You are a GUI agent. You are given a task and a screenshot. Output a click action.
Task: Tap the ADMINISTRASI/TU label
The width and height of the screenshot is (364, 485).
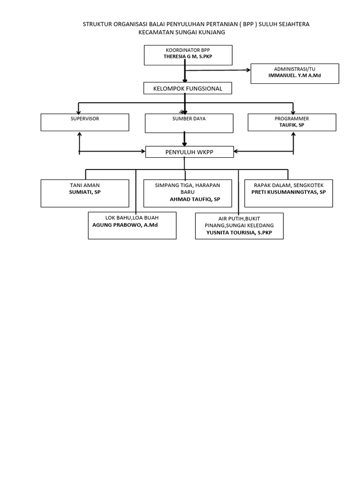294,69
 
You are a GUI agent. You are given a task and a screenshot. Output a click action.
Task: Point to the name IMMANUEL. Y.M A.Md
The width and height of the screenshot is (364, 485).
294,75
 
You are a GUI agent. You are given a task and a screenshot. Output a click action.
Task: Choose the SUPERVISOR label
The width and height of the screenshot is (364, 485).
85,118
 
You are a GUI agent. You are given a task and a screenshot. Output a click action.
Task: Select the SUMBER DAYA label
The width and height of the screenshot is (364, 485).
189,118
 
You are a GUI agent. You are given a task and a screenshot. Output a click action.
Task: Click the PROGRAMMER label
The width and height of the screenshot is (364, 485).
291,118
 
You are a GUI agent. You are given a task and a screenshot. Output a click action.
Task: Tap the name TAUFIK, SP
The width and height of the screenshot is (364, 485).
291,125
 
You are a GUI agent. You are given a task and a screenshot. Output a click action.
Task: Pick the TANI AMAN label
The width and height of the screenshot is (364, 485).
85,185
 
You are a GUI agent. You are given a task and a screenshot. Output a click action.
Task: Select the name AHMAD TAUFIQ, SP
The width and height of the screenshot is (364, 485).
195,199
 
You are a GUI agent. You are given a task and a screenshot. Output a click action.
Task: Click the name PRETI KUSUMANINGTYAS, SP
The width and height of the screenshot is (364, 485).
289,192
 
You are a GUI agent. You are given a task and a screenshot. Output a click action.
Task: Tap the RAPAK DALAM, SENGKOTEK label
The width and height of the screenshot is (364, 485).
289,185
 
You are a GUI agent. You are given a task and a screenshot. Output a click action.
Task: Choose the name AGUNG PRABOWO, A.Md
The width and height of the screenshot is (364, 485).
125,225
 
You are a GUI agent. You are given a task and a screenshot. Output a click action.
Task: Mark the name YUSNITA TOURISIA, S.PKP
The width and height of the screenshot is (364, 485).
239,233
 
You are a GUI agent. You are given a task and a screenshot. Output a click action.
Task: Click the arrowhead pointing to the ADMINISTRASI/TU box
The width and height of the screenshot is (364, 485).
248,70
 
